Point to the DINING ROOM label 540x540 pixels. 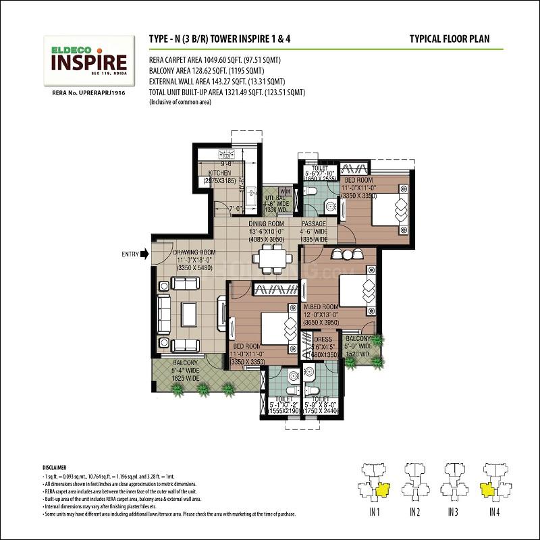(x=267, y=224)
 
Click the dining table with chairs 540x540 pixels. (x=272, y=256)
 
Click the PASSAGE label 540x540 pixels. (x=315, y=224)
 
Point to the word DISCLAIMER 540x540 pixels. (x=55, y=466)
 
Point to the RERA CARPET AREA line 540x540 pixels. (x=215, y=60)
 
